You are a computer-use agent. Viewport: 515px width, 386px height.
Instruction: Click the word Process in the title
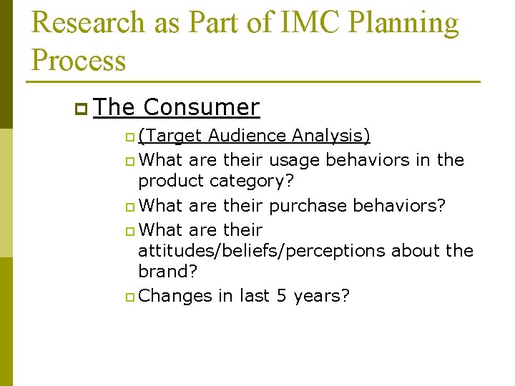pos(79,60)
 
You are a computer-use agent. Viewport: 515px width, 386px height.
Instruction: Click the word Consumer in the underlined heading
pos(201,107)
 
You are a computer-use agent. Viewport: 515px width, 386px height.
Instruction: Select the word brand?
pos(167,272)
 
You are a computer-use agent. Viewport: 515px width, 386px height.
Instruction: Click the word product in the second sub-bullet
pos(172,182)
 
